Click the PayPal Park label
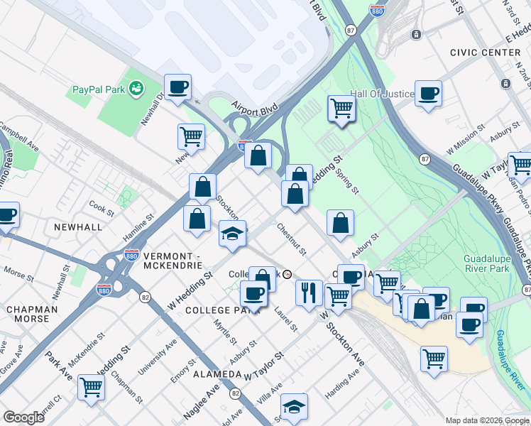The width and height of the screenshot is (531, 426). [99, 90]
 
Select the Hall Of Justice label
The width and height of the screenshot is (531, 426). [381, 94]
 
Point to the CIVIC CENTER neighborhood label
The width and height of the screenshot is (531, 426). [485, 53]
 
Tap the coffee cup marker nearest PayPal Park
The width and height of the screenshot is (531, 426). [177, 87]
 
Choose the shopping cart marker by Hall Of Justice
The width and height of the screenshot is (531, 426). [341, 109]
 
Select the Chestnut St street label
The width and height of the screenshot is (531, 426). [291, 239]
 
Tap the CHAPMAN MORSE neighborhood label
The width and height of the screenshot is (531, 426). [28, 315]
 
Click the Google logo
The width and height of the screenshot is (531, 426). [23, 417]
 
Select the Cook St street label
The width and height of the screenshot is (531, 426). [102, 209]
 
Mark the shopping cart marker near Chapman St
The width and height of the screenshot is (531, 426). [91, 388]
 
